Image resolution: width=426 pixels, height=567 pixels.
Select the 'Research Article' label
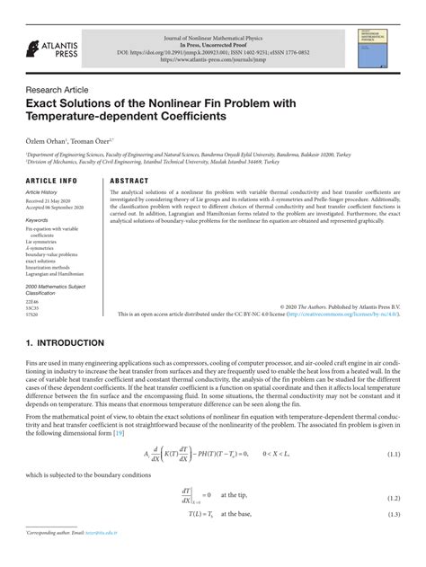tap(58, 90)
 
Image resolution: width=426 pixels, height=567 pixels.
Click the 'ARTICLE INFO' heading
tap(51, 180)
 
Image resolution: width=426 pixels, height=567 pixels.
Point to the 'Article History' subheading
tap(46, 192)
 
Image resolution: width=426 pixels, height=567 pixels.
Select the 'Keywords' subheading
tap(37, 219)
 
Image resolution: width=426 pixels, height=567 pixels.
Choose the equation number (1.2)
tap(393, 497)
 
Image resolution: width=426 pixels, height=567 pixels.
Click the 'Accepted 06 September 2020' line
tap(55, 208)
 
